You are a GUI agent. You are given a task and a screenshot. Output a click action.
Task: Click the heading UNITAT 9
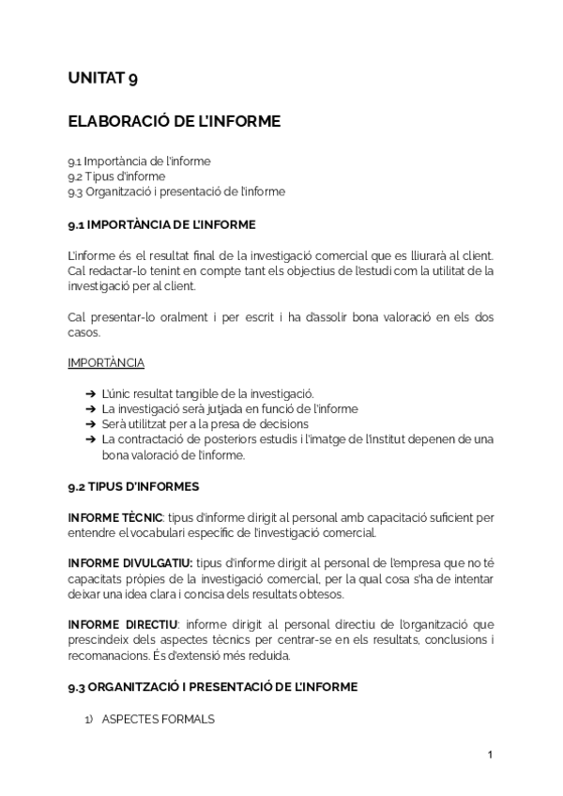(103, 79)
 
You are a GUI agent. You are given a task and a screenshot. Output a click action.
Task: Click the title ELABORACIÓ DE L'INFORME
(174, 121)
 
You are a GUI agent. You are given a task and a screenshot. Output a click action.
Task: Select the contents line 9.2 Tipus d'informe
(116, 176)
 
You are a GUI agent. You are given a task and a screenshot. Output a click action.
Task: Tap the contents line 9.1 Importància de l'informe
(139, 161)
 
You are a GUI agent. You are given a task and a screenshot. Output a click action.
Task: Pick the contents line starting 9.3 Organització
(176, 191)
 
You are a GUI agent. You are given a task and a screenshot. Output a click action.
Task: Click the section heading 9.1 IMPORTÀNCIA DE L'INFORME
(161, 225)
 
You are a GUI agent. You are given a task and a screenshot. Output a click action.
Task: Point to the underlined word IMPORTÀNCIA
(106, 362)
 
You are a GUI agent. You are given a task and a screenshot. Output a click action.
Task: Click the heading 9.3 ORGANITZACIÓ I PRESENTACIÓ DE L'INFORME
(212, 686)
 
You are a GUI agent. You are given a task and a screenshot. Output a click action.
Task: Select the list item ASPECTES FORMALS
(158, 719)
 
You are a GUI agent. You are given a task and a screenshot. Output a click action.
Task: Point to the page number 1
(490, 755)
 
